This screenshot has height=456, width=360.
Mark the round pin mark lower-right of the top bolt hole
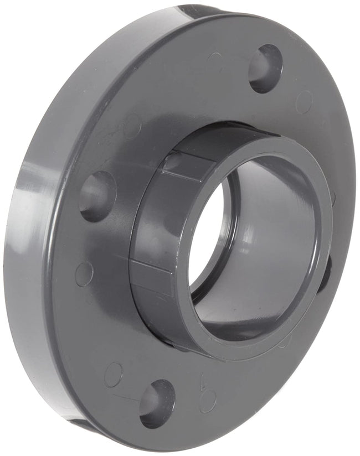tap(304, 102)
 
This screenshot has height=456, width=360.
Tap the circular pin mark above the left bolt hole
tap(132, 126)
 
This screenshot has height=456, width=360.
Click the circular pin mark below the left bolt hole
tap(84, 274)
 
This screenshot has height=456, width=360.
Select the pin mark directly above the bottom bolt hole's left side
tap(114, 375)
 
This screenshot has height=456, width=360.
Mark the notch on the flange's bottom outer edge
tap(83, 424)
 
